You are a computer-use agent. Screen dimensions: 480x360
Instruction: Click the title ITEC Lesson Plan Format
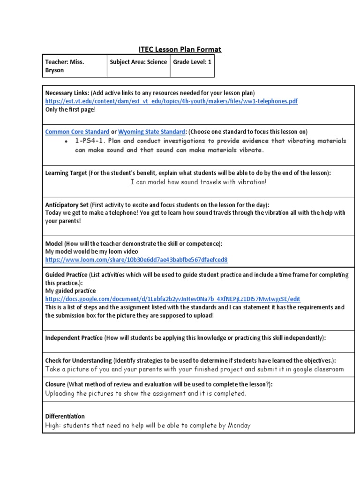click(180, 49)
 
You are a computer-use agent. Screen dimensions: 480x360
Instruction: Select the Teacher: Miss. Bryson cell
click(74, 66)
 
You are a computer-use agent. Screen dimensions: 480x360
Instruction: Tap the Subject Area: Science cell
click(138, 62)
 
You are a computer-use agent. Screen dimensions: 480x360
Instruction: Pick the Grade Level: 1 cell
click(192, 62)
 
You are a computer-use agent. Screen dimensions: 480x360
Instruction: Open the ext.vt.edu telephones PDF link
click(171, 101)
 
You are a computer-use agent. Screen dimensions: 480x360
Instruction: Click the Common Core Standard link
click(77, 132)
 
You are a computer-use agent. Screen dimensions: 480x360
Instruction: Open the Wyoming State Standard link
click(152, 132)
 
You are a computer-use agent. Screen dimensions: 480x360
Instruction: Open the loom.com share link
click(136, 259)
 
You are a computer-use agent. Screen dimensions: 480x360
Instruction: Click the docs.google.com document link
click(172, 299)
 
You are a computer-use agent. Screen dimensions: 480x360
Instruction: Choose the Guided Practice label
click(66, 275)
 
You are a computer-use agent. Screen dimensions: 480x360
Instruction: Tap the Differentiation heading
click(65, 416)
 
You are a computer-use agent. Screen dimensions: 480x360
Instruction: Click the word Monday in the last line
click(239, 426)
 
